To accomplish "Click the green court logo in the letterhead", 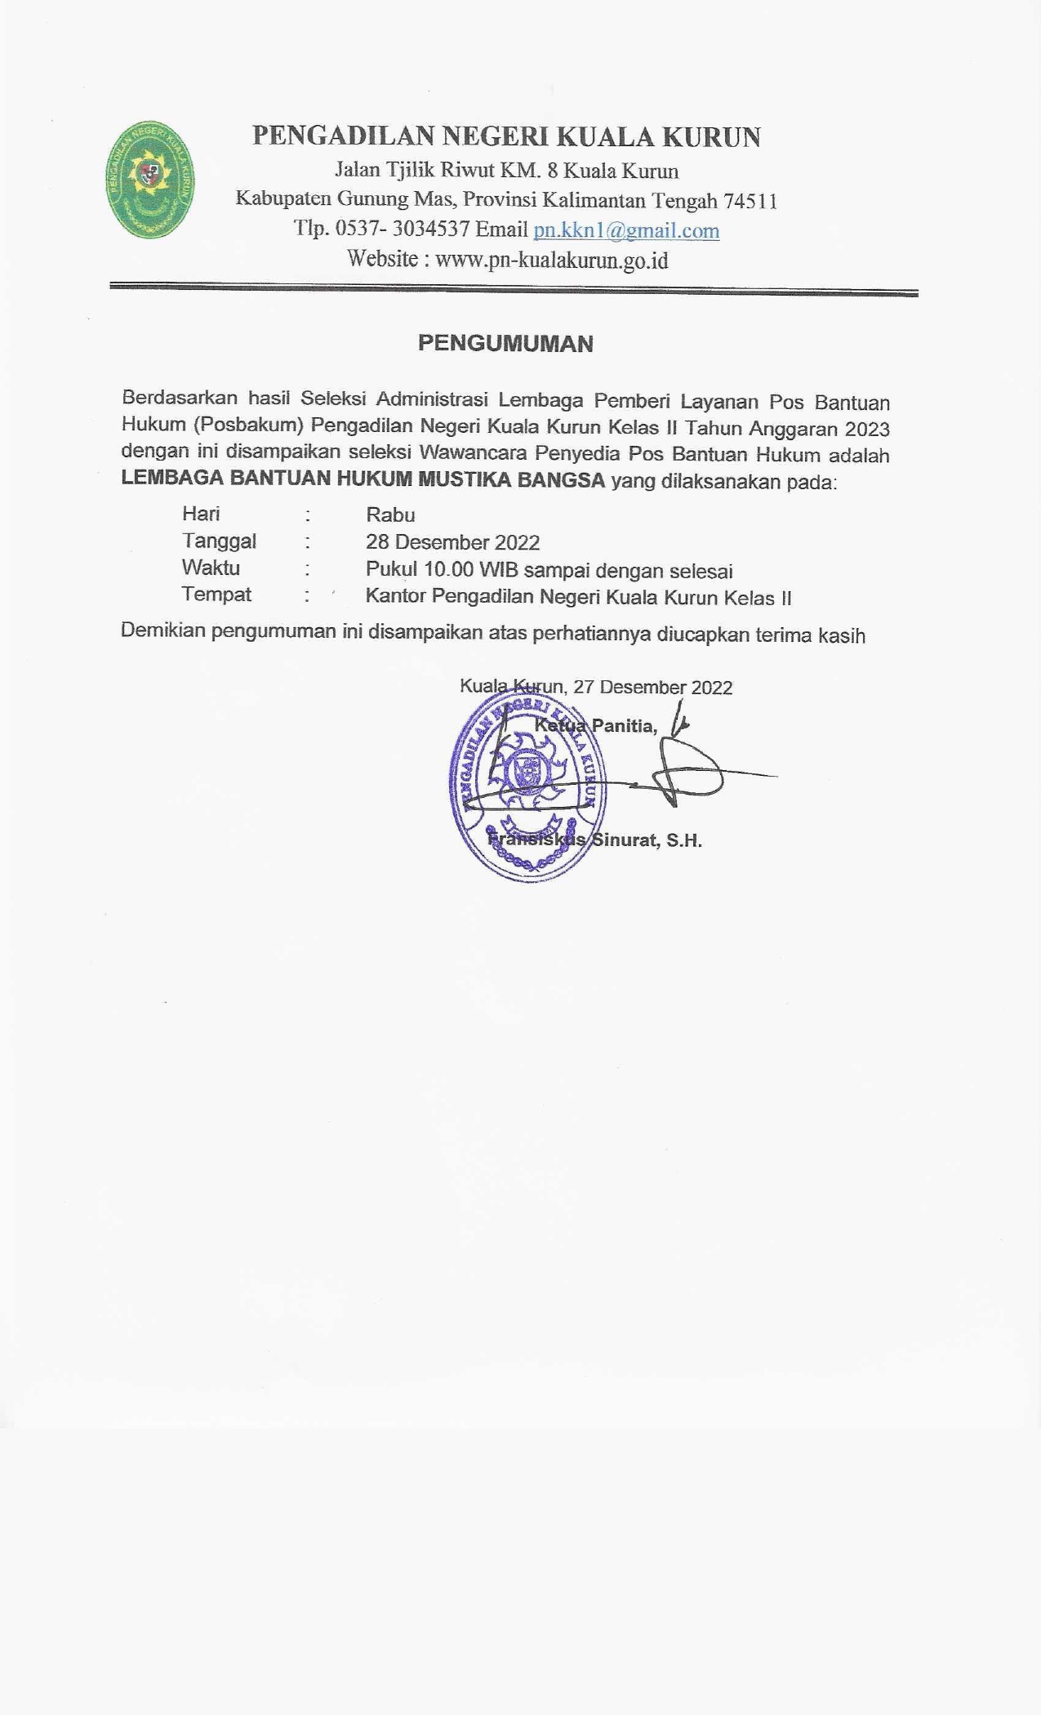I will coord(149,180).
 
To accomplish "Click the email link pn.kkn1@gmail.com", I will coord(626,230).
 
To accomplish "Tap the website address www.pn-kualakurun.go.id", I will coord(552,261).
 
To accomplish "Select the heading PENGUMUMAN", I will coord(505,343).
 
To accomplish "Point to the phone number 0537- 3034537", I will coord(402,229).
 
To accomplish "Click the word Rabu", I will coord(390,514).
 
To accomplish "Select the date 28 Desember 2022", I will coord(452,542).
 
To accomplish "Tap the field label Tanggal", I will coord(219,541).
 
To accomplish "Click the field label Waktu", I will coord(211,568).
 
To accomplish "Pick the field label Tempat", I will coord(216,595).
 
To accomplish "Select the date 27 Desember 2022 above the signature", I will coord(652,687).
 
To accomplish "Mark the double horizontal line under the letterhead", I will coord(514,289).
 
